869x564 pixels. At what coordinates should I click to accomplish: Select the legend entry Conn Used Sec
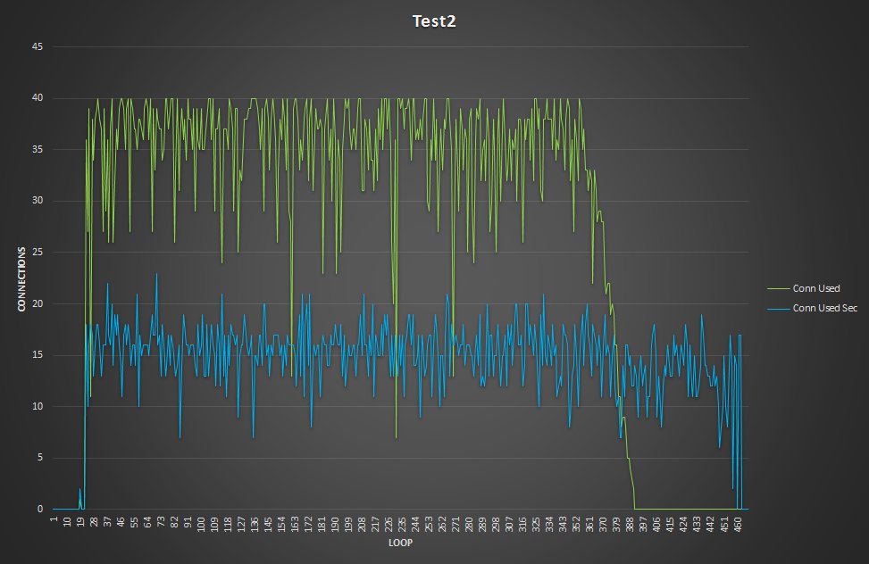(x=816, y=309)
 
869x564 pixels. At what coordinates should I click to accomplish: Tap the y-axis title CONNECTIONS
(x=21, y=278)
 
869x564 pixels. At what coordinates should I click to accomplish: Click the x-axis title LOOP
(x=398, y=542)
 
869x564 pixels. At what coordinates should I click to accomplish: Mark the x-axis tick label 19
(x=80, y=519)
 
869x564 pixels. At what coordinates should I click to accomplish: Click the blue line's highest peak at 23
(x=157, y=274)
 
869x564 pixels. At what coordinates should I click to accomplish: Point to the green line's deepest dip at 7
(x=396, y=437)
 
